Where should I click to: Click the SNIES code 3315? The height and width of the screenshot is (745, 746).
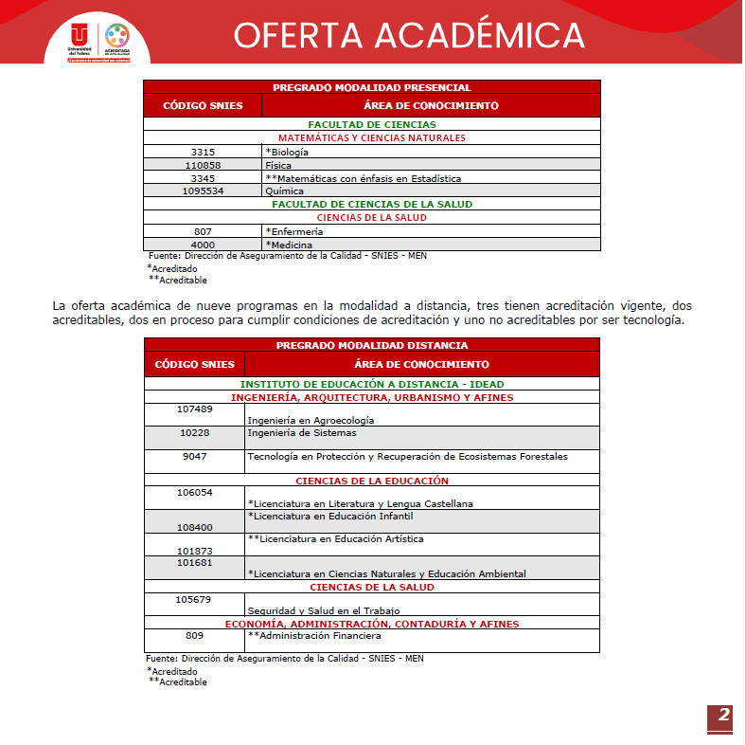(203, 152)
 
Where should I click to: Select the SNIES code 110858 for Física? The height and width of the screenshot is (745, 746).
(203, 165)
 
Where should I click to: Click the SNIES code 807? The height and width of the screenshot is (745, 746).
(203, 231)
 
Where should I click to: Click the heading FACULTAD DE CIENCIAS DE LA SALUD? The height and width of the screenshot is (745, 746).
(372, 204)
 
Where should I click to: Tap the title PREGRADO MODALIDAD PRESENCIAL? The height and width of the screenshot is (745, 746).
(372, 87)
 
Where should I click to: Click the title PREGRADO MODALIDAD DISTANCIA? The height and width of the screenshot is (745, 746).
(372, 346)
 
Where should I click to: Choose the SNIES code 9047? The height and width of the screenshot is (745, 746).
(195, 456)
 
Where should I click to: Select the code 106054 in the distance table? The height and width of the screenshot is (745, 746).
(195, 492)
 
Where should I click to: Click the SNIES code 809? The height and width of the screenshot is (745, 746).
(195, 636)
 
